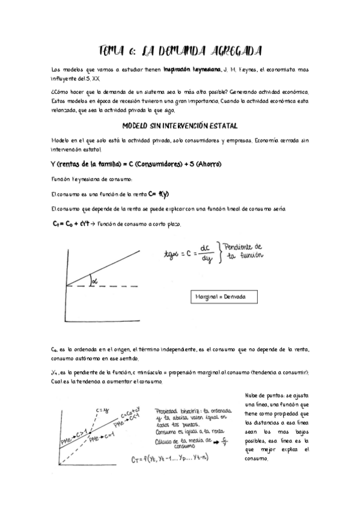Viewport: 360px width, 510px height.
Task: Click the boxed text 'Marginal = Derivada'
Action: [x=225, y=298]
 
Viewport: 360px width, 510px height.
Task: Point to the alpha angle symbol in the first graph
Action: [x=94, y=278]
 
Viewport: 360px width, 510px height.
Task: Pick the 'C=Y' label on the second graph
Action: [x=100, y=411]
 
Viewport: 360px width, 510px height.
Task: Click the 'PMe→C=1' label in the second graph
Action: [x=101, y=439]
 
